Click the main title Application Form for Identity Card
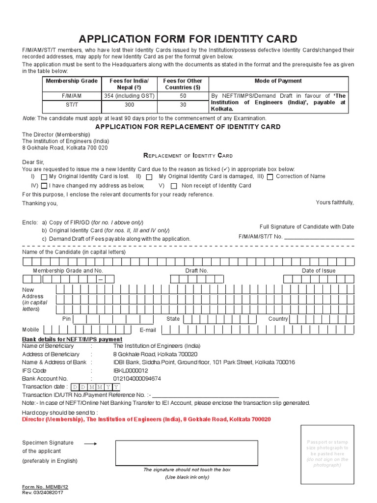tap(188, 39)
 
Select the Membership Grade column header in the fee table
tap(71, 81)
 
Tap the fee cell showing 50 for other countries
tap(183, 96)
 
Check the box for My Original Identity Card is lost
tap(44, 177)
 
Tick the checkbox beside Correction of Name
tap(270, 177)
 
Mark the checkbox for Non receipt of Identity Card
tap(174, 186)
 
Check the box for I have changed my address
tap(44, 186)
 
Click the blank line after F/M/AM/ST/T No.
tap(319, 237)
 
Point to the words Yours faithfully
tap(334, 202)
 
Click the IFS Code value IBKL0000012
tap(131, 370)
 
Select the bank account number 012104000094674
tap(137, 379)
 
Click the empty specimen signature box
tap(186, 452)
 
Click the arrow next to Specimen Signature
tap(90, 443)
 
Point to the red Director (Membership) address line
tap(146, 419)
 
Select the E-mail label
tap(148, 330)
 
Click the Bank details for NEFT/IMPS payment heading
tap(72, 339)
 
